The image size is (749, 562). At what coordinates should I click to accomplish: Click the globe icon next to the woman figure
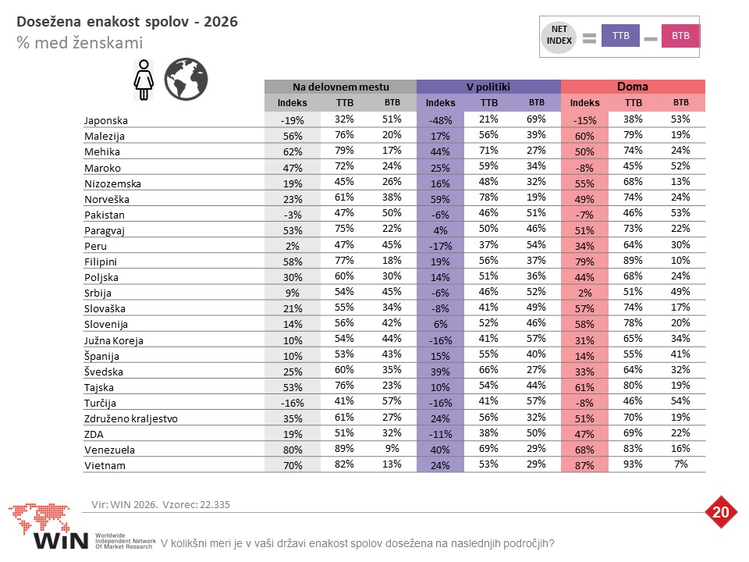tap(186, 80)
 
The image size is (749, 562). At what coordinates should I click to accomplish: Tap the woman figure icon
tap(144, 80)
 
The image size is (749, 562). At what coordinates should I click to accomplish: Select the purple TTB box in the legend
tap(620, 36)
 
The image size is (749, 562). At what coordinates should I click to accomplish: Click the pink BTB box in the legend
tap(680, 36)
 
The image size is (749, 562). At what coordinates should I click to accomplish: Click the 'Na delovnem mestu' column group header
tap(341, 87)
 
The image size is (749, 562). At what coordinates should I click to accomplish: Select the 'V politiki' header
tap(488, 87)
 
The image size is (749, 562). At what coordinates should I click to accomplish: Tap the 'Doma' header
tap(633, 87)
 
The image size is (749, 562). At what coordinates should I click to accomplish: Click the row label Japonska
tap(105, 120)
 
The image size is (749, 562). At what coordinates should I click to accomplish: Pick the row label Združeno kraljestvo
tap(131, 418)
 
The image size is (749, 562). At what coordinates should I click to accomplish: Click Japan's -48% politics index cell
tap(440, 120)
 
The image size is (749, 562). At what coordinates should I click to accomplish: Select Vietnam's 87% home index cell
tap(584, 465)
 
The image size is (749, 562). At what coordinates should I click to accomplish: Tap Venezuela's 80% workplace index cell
tap(293, 450)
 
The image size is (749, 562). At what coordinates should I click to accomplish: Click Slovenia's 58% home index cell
tap(584, 324)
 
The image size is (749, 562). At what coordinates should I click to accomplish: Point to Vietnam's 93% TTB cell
tap(633, 464)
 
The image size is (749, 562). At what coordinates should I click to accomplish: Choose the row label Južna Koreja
tap(114, 340)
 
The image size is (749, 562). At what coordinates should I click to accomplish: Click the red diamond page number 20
tap(720, 512)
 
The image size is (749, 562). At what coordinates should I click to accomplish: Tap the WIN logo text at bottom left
tap(61, 540)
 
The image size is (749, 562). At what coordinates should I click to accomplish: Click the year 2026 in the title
tap(220, 22)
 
